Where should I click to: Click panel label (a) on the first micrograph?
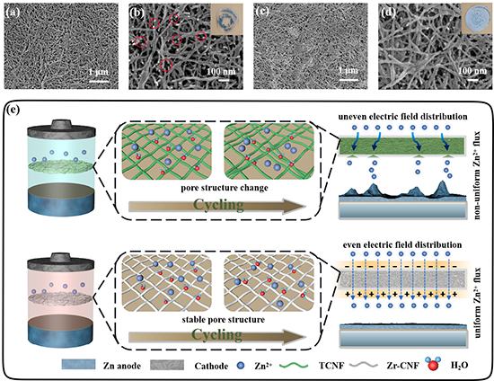(13, 13)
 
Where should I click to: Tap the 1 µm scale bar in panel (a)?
(99, 81)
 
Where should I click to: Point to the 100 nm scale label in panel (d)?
(472, 70)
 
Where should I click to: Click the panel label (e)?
(13, 110)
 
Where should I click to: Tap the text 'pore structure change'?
(225, 188)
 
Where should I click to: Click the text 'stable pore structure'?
(223, 320)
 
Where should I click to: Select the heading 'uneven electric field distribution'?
(403, 116)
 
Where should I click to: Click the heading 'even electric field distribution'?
(402, 244)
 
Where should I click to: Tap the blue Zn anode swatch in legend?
(78, 364)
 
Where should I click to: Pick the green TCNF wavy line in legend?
(294, 365)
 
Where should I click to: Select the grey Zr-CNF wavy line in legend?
(363, 365)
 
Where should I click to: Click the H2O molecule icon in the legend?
(432, 364)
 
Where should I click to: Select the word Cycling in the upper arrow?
(218, 205)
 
